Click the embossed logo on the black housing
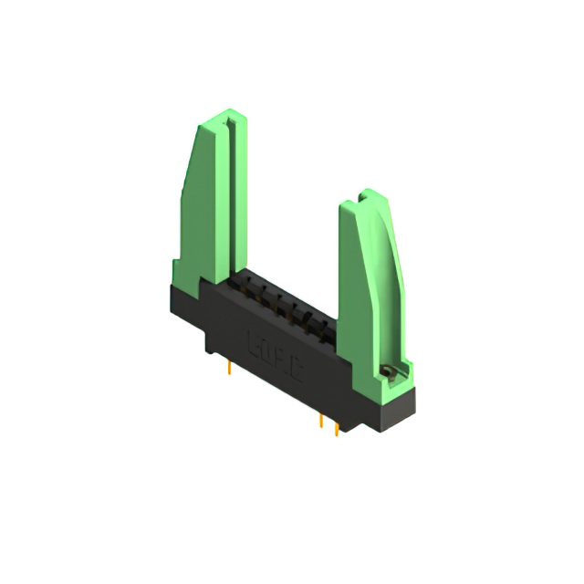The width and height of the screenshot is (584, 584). [x=273, y=343]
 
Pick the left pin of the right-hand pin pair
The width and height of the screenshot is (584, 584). [x=321, y=422]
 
